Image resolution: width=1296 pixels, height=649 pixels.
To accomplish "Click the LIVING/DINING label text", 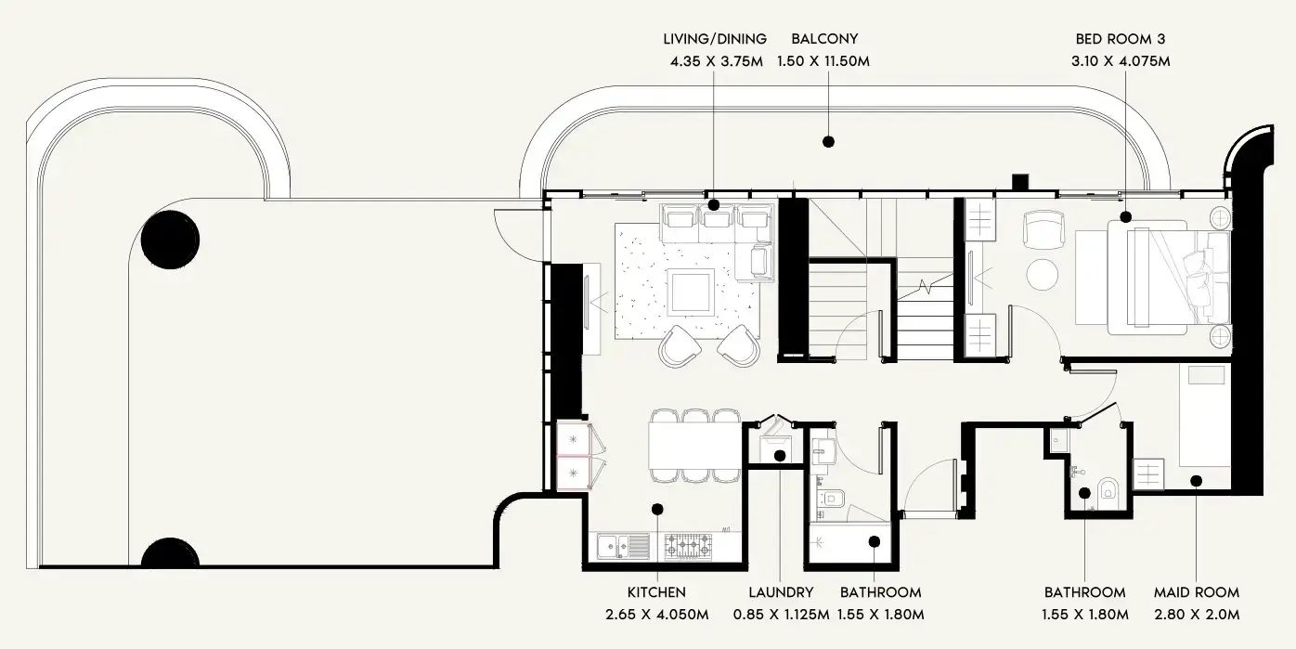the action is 715,39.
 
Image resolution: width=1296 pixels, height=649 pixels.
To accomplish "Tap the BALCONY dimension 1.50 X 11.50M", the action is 823,60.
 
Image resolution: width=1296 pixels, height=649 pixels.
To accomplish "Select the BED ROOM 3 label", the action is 1121,39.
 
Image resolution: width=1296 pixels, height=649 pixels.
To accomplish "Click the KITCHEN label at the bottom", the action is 656,592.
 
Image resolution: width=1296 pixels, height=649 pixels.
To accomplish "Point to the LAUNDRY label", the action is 781,592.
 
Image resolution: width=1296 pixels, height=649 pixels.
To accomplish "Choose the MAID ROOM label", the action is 1197,592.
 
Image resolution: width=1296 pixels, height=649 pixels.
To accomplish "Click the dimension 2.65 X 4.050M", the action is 657,615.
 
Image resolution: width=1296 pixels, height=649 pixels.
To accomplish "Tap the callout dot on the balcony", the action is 828,142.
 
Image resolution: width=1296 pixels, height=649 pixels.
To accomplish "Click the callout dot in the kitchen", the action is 657,509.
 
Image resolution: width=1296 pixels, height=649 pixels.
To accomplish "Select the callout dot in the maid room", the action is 1197,481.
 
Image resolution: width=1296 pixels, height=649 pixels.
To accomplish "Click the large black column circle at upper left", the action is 171,240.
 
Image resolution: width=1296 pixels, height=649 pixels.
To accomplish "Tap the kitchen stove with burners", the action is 688,546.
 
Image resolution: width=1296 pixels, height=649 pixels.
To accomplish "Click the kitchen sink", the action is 623,546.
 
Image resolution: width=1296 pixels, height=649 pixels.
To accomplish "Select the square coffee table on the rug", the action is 690,292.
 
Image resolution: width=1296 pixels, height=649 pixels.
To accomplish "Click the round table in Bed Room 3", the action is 1043,274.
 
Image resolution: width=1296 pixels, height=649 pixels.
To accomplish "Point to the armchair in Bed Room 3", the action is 1043,229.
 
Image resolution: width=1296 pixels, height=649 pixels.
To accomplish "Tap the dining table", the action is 694,446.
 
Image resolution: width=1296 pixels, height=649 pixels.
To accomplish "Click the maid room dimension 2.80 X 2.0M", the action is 1197,615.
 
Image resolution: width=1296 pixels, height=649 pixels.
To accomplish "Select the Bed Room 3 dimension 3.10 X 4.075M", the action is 1121,60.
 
